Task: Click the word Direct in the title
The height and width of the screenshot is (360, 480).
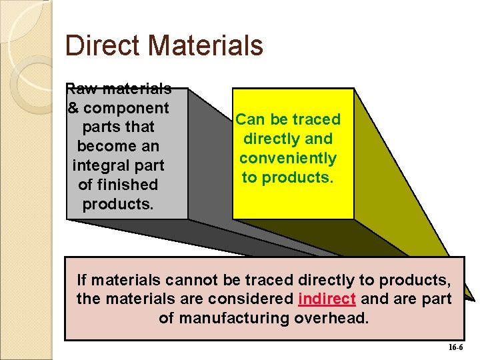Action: tap(102, 45)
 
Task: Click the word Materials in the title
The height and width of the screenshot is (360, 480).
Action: tap(206, 45)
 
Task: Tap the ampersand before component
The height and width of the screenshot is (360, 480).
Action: tap(73, 108)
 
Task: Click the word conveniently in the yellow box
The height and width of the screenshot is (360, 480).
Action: tap(288, 159)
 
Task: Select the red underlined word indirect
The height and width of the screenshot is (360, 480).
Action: tap(327, 299)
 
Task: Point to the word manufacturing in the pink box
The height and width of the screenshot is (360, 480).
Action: tap(234, 319)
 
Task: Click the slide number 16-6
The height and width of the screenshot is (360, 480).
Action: tap(456, 347)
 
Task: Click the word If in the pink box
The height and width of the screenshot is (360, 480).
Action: tap(81, 280)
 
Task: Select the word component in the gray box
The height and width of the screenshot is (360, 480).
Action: tap(126, 109)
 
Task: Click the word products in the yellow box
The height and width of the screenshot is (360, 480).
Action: tap(297, 178)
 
